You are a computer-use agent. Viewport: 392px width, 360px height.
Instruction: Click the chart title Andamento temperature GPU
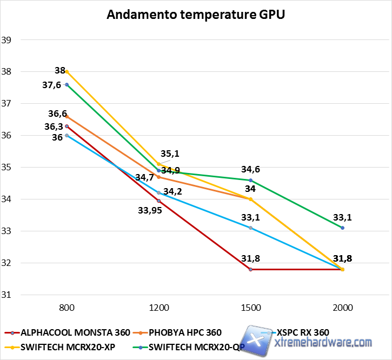point(196,15)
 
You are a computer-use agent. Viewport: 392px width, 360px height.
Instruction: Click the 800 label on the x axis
point(67,308)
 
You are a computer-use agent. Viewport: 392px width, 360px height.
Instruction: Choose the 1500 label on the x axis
point(250,308)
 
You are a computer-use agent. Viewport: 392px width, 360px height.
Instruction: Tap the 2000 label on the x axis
point(342,308)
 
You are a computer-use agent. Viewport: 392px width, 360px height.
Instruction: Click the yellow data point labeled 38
point(67,71)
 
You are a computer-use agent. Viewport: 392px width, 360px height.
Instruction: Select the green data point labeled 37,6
point(67,84)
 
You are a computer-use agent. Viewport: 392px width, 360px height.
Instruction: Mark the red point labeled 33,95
point(158,201)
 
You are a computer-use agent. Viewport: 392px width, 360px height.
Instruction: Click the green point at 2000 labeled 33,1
point(342,228)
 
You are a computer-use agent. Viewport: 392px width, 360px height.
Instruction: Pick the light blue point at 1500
point(250,228)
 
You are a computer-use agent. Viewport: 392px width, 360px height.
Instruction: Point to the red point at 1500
point(250,269)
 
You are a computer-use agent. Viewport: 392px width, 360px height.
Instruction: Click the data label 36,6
point(57,114)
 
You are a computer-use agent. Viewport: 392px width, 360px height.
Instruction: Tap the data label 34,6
point(250,170)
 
